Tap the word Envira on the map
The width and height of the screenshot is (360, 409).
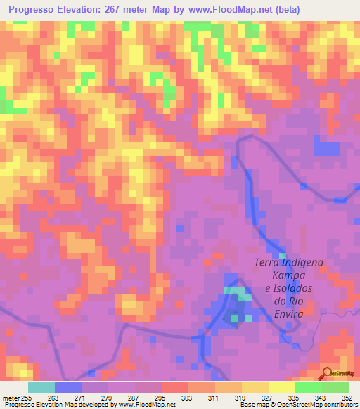288,313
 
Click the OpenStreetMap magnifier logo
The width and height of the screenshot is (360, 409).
326,373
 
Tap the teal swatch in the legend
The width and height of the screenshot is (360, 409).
41,387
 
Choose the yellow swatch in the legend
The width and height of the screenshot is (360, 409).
282,387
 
